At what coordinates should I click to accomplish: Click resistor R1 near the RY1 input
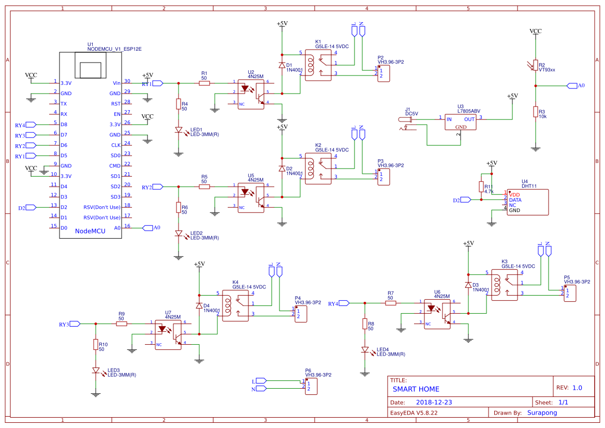[x=204, y=83]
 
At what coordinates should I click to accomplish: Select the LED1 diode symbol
[x=179, y=131]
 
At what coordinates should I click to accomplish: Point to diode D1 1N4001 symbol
[x=282, y=66]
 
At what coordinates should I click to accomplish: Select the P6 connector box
[x=311, y=386]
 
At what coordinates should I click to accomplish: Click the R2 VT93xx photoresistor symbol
[x=536, y=65]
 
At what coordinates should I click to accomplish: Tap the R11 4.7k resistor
[x=481, y=187]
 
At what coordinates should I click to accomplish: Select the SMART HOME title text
[x=416, y=389]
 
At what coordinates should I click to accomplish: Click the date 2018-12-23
[x=434, y=402]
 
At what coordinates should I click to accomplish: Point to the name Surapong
[x=542, y=413]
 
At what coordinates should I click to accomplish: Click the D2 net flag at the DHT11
[x=465, y=200]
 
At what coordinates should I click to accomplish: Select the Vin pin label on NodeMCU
[x=116, y=83]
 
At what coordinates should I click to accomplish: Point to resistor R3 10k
[x=536, y=112]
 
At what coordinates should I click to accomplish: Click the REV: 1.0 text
[x=569, y=387]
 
